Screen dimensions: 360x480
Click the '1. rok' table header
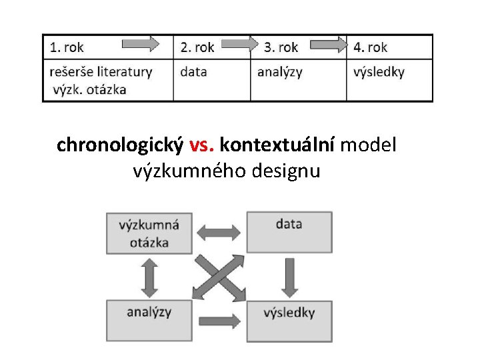(x=67, y=47)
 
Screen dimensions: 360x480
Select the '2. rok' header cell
(x=197, y=47)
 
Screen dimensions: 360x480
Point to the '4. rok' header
(x=370, y=47)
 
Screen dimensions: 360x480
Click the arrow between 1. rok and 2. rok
(x=141, y=45)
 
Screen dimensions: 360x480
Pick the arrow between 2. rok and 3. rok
(x=239, y=45)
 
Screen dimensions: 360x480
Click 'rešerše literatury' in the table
(x=101, y=71)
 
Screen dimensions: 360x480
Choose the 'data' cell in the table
(x=193, y=72)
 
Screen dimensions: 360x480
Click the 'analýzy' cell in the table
(x=279, y=72)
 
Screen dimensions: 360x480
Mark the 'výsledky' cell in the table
(x=379, y=72)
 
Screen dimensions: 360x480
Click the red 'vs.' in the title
(x=201, y=145)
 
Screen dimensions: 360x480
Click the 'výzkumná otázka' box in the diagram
(x=148, y=233)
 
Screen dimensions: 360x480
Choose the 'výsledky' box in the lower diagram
(x=289, y=321)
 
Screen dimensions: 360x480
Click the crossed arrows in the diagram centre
(x=219, y=277)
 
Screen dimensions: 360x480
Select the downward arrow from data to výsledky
(x=289, y=277)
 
